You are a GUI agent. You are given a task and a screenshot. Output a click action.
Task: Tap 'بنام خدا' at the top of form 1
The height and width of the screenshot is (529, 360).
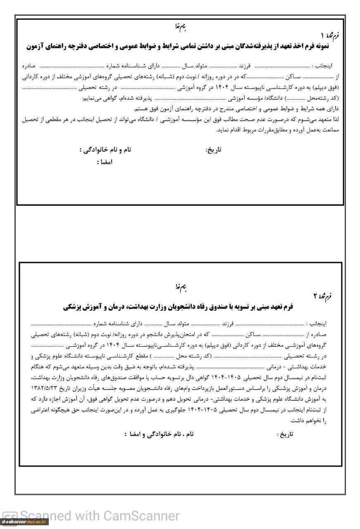click(x=181, y=29)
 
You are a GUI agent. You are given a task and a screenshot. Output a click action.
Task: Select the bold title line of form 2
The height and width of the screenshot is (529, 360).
click(x=178, y=307)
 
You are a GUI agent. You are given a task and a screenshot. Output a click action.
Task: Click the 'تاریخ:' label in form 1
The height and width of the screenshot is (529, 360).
click(x=214, y=150)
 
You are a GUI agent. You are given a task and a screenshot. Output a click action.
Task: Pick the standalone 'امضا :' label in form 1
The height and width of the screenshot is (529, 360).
click(x=105, y=162)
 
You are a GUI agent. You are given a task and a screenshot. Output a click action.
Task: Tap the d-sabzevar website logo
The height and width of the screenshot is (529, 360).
click(x=24, y=522)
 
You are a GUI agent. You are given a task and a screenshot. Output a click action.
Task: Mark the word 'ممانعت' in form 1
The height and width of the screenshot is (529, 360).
click(x=335, y=130)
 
